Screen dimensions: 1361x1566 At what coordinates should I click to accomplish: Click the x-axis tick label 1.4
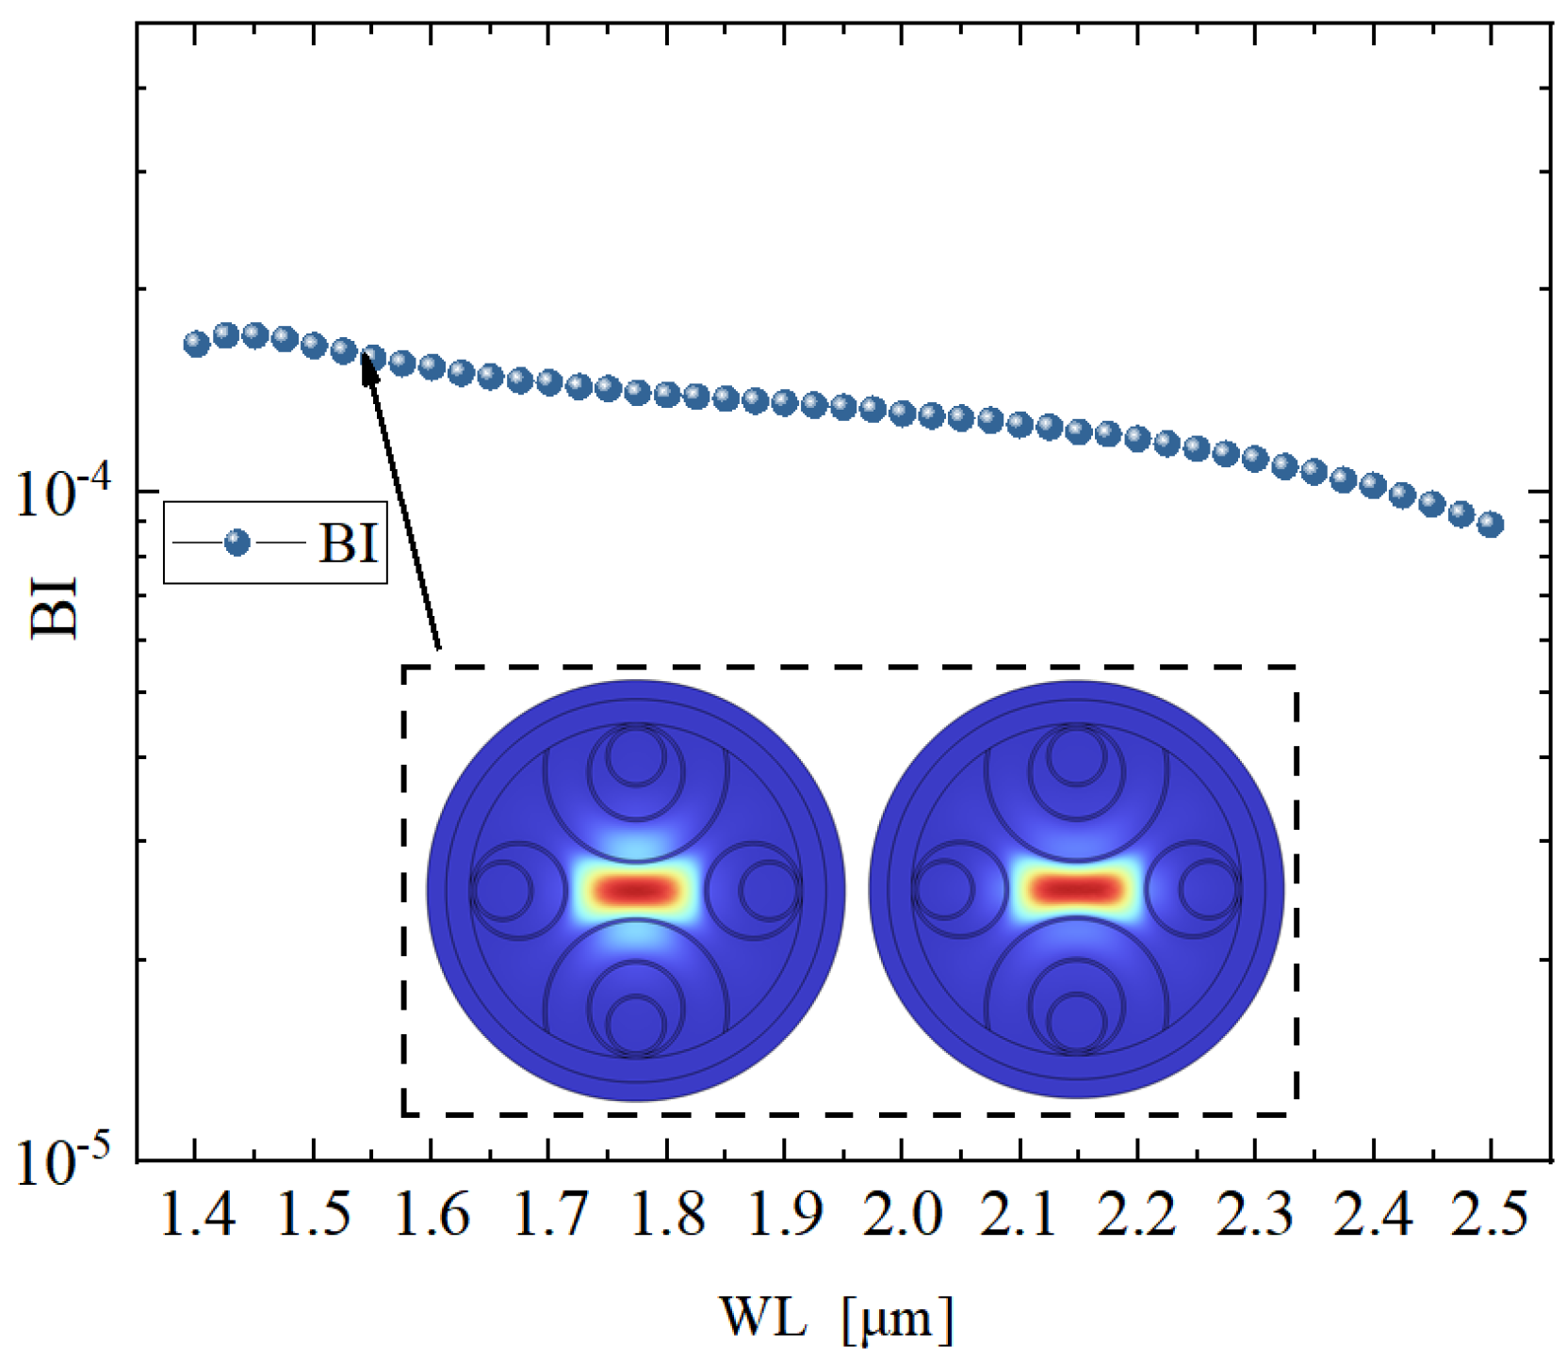(196, 1215)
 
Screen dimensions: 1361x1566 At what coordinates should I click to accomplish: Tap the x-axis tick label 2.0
(902, 1215)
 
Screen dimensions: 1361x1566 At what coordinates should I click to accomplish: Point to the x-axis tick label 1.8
(666, 1215)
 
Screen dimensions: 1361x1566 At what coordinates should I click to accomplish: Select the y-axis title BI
(54, 610)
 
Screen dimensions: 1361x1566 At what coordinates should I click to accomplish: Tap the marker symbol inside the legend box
(237, 543)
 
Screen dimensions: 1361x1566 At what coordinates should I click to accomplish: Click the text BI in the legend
(349, 543)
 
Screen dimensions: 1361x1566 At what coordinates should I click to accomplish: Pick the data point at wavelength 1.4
(196, 344)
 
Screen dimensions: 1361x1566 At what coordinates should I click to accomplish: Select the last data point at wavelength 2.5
(1490, 525)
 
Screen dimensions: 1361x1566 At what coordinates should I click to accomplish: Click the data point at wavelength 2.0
(902, 413)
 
